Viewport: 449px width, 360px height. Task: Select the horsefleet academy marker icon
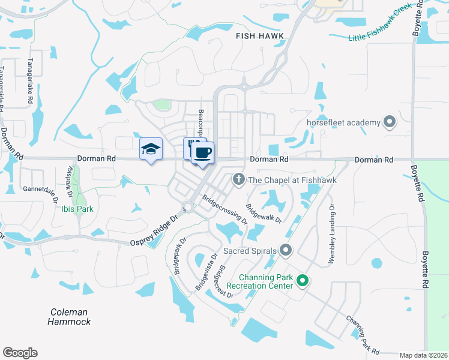(390, 122)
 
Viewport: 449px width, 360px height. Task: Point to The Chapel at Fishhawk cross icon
(238, 179)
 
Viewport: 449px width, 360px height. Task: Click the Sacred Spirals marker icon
(285, 250)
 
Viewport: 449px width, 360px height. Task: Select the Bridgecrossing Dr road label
(224, 209)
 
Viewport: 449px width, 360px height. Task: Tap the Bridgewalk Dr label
(263, 213)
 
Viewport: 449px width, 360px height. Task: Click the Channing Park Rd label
(363, 334)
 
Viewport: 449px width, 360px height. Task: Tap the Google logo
(20, 353)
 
